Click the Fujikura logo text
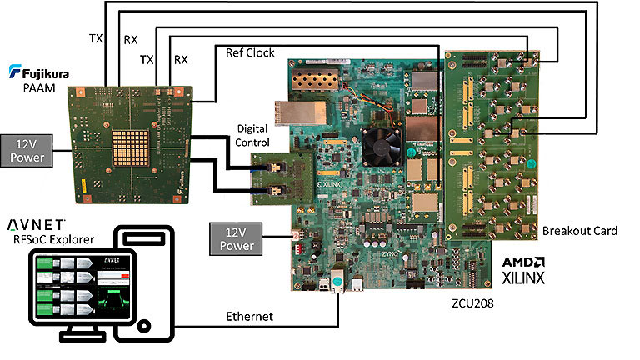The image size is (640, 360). tap(41, 72)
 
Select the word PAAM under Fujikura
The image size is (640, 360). tap(37, 87)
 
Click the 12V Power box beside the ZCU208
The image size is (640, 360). tap(237, 238)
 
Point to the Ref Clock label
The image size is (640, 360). tap(251, 52)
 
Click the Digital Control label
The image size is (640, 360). tap(253, 137)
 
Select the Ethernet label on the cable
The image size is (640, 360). tap(251, 317)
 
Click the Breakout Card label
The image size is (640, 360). tap(578, 230)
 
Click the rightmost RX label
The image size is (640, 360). tap(181, 60)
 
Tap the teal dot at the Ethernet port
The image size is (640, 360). tap(337, 282)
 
